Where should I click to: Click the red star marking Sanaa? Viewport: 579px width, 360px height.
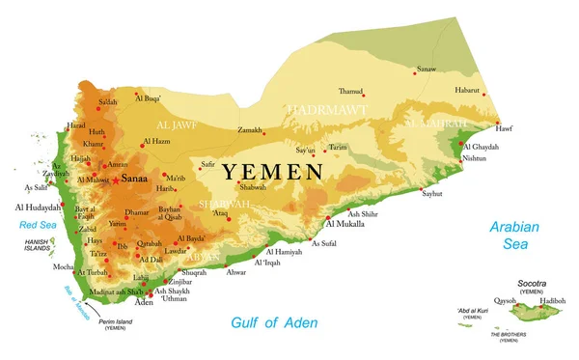[x=116, y=180]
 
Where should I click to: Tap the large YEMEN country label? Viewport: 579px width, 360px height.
[x=273, y=172]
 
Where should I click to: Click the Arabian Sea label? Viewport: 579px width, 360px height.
[x=512, y=236]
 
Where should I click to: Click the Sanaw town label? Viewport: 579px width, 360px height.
[x=426, y=69]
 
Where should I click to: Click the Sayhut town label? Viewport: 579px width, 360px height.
[x=432, y=194]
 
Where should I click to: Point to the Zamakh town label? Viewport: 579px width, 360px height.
[x=250, y=129]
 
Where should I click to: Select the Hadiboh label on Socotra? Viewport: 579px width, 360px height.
[x=553, y=300]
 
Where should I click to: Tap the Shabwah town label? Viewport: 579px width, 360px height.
[x=253, y=187]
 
